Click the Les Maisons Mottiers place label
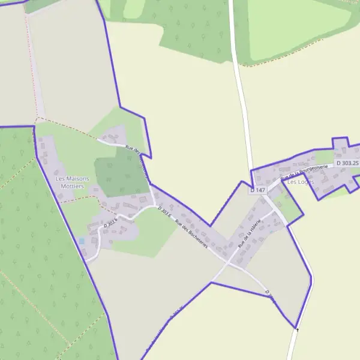(72, 182)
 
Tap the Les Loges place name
(301, 181)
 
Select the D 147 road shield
(257, 190)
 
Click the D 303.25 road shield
(347, 163)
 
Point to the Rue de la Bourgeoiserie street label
(305, 170)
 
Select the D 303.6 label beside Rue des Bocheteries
(164, 212)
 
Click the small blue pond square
(82, 241)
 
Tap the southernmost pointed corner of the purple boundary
(296, 328)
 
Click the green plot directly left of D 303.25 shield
(324, 157)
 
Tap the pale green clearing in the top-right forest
(294, 27)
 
